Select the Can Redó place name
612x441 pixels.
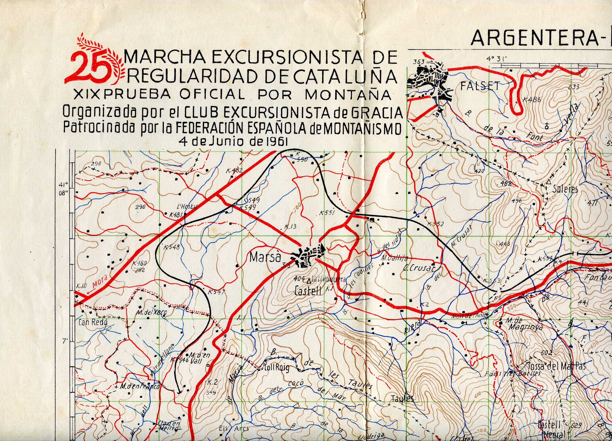pos(93,322)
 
